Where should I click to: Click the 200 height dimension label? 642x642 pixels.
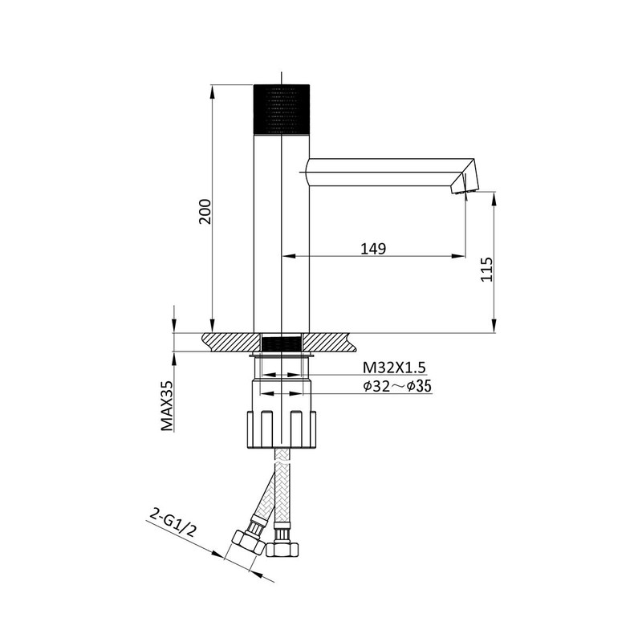[205, 211]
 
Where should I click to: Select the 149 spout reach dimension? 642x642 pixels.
[373, 249]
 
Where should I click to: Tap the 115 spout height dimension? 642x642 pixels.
[486, 270]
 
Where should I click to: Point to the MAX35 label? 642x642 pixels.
[167, 406]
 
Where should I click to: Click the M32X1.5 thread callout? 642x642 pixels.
[394, 368]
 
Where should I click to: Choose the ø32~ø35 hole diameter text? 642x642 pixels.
[397, 386]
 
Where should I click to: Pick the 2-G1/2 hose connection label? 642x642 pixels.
[173, 522]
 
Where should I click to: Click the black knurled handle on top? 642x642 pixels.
[282, 109]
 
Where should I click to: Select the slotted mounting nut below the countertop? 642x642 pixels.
[282, 429]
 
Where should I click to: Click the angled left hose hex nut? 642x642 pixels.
[248, 542]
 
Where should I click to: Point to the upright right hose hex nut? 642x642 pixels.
[282, 549]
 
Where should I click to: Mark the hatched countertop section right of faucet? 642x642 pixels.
[330, 343]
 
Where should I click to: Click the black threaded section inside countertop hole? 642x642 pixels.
[282, 343]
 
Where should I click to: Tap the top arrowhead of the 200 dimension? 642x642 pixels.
[212, 91]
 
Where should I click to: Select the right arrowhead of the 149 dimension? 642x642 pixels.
[458, 256]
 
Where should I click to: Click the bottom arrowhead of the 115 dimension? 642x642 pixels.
[494, 326]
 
